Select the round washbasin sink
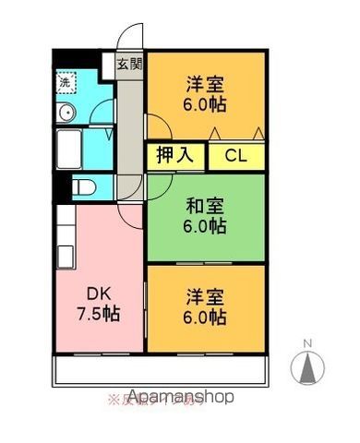coord(66,114)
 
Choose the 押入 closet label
coord(174,155)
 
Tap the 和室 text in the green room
coord(207,205)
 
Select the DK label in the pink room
coord(99,293)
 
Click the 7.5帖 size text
coord(99,312)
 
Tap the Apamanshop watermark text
coord(180,397)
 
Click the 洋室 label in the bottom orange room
coord(206,298)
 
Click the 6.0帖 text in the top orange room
coord(205,102)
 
